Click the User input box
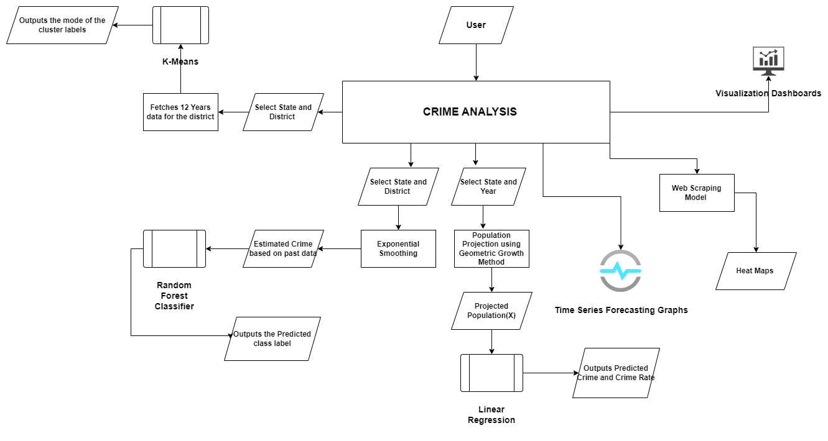coord(476,25)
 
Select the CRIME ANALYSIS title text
coord(470,112)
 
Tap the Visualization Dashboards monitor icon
coord(768,61)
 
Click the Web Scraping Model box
coord(697,193)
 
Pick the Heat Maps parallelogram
coord(755,271)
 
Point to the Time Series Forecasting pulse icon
coord(620,271)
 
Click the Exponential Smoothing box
coord(398,248)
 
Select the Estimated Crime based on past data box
coord(283,248)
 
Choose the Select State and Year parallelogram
coord(488,186)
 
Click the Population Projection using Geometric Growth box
coord(491,248)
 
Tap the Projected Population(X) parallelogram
coord(491,311)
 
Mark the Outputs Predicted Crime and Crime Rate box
coord(616,373)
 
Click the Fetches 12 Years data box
coord(180,112)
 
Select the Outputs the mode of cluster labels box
coord(62,25)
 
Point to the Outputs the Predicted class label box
coord(272,339)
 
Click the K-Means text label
coord(180,61)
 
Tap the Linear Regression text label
coord(491,415)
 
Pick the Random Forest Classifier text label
coord(174,296)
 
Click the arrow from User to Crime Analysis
coord(476,62)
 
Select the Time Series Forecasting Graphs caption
coord(621,310)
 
